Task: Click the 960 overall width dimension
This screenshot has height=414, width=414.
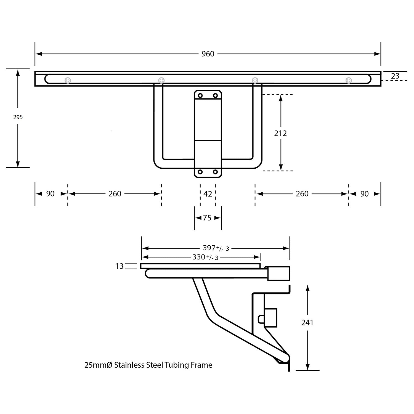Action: [208, 54]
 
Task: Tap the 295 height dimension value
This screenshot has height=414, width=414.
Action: [18, 117]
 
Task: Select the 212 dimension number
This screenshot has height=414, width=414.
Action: [280, 133]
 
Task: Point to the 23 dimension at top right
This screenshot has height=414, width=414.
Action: [395, 76]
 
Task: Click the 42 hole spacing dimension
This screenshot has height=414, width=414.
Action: [208, 194]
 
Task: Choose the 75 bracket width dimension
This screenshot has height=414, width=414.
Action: [207, 218]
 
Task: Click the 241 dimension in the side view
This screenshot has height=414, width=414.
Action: [307, 322]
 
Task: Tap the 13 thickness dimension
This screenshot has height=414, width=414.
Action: [120, 266]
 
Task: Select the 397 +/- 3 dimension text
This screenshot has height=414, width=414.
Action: [216, 248]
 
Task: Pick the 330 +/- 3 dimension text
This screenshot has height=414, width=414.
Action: [205, 257]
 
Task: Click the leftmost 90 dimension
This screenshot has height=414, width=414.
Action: [50, 194]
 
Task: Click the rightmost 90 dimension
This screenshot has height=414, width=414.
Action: [364, 194]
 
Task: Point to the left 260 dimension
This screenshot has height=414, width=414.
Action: [115, 194]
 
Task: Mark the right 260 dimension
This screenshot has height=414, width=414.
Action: [302, 194]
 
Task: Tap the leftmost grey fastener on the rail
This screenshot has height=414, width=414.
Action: [68, 80]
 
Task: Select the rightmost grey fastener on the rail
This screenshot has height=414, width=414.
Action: [349, 80]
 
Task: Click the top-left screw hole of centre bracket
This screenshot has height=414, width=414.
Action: [200, 96]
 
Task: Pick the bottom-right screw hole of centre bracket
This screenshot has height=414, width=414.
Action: [215, 172]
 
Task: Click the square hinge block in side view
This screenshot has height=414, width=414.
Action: [278, 273]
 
